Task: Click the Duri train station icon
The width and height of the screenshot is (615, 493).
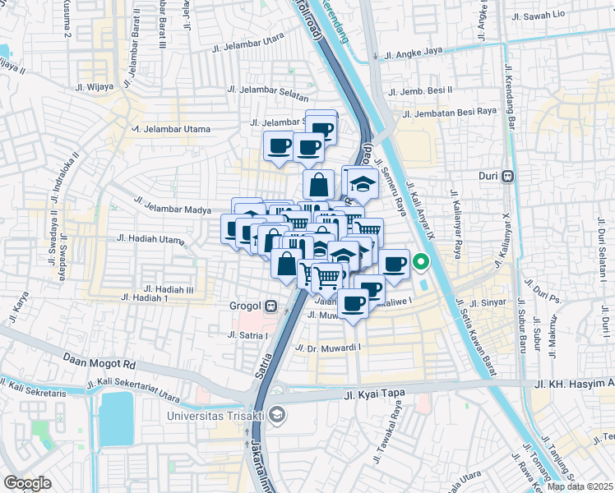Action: [509, 175]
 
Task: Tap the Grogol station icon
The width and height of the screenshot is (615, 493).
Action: [271, 307]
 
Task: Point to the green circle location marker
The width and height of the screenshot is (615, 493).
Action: [421, 263]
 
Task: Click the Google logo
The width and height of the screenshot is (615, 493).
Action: [27, 482]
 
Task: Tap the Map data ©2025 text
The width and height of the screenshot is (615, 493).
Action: [580, 486]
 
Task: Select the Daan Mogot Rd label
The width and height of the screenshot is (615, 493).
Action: [99, 360]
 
